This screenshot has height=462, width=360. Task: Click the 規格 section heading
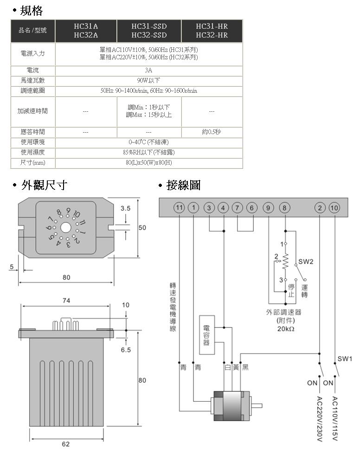pos(32,10)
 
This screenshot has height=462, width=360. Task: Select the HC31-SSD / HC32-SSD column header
pos(148,31)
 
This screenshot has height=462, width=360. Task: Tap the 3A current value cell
pos(148,71)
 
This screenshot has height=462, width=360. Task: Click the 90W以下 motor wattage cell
pos(148,81)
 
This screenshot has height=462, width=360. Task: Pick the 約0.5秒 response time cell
pos(212,132)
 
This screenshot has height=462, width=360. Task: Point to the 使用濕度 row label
pos(32,152)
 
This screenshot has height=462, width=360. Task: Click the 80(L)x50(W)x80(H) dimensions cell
pos(148,163)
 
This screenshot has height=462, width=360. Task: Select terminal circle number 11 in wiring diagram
pos(179,207)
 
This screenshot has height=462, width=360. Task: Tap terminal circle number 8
pos(284,207)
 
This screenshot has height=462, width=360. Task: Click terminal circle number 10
pos(334,207)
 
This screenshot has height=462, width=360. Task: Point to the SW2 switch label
pos(306,262)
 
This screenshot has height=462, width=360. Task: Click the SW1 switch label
pos(345,359)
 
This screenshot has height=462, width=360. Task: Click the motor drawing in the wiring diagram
pos(231,406)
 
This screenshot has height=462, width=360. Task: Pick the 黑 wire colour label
pos(245,367)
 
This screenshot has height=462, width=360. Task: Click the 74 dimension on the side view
pos(66,301)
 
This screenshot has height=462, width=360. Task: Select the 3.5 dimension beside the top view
pos(125,208)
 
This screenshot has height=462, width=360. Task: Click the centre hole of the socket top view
pos(65,227)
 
